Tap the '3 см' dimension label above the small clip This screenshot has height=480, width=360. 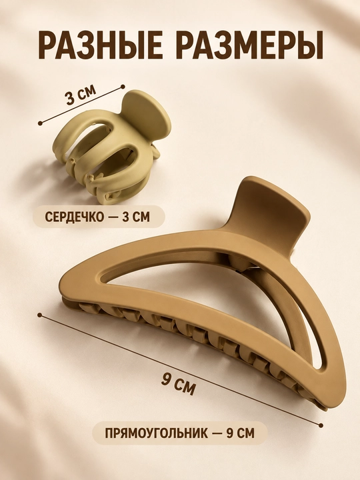point(81,95)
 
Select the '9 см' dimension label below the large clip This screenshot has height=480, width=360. point(178,383)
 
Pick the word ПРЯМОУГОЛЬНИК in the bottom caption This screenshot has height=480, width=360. point(154,433)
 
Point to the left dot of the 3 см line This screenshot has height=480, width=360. point(40,123)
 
